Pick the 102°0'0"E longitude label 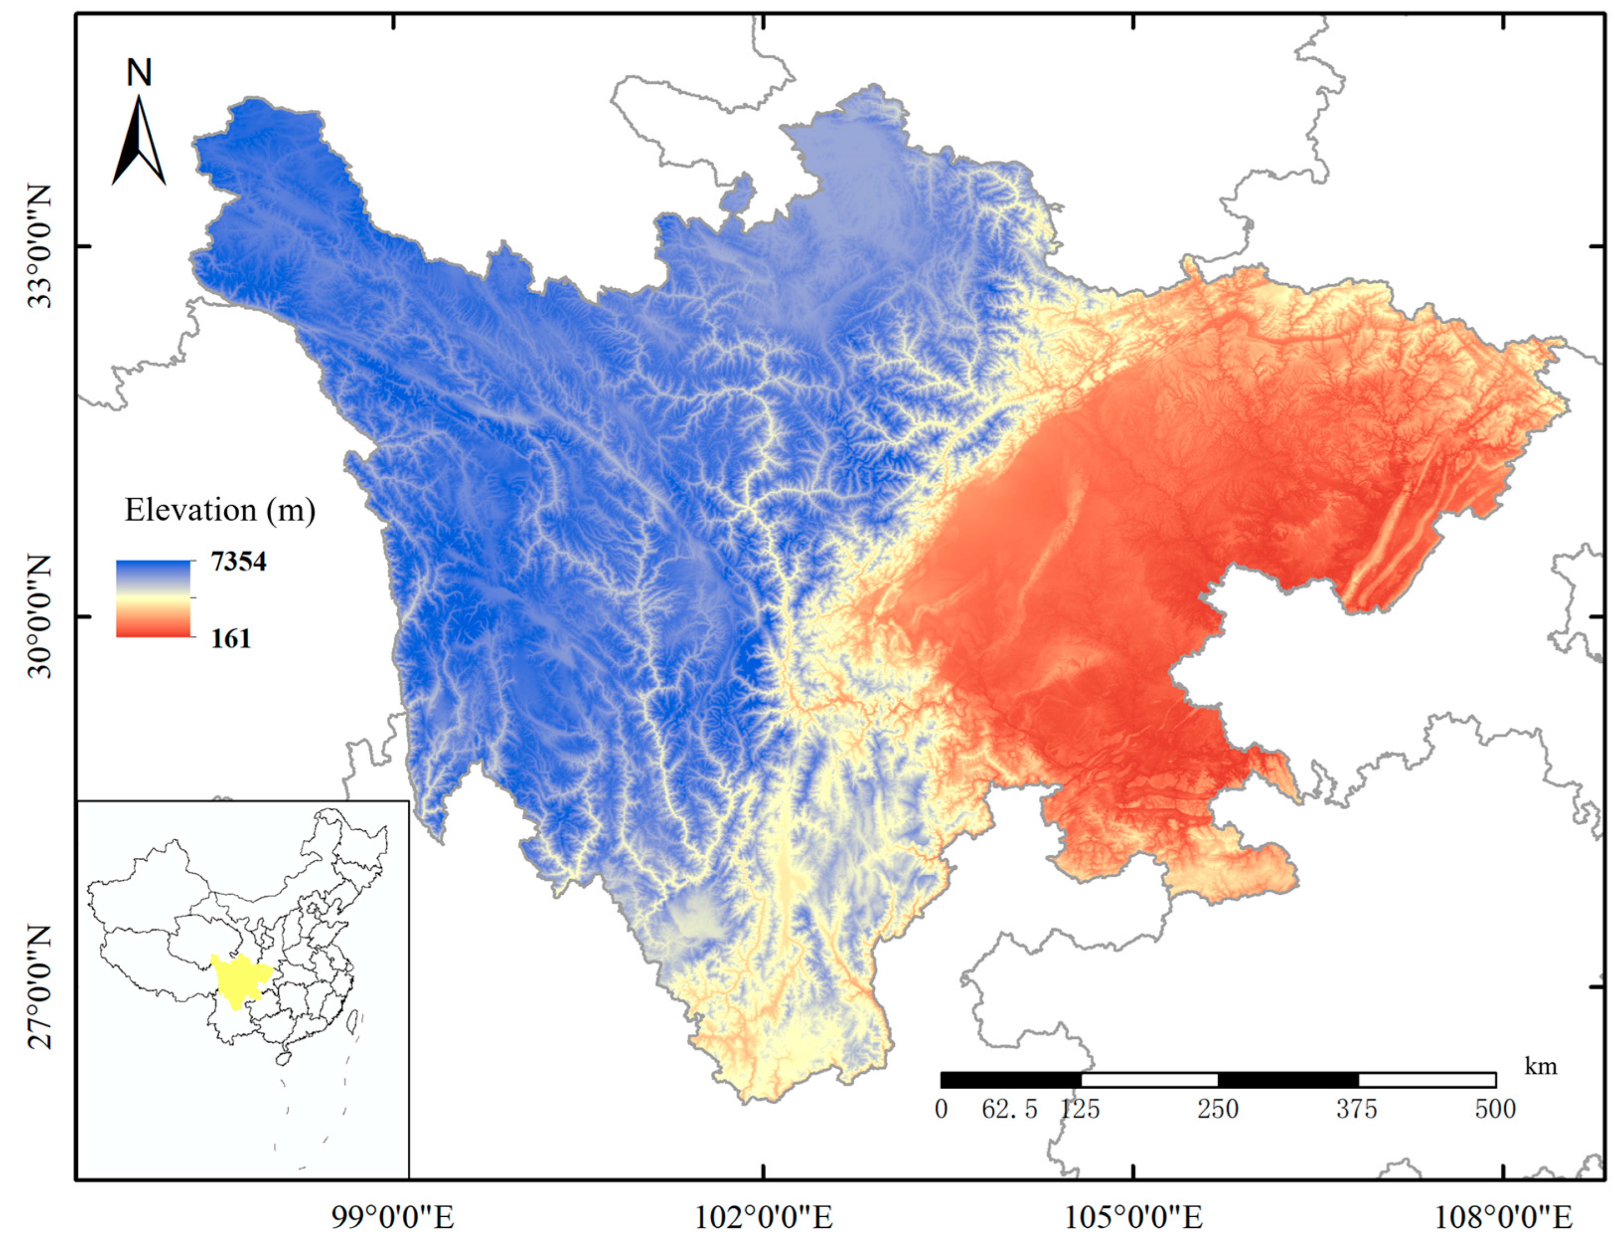(x=763, y=1217)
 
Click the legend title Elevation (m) (x=220, y=511)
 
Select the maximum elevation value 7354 (x=238, y=562)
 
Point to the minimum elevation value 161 (x=231, y=638)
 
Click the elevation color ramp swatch (x=153, y=598)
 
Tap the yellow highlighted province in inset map (x=238, y=980)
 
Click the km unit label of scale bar (x=1541, y=1066)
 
